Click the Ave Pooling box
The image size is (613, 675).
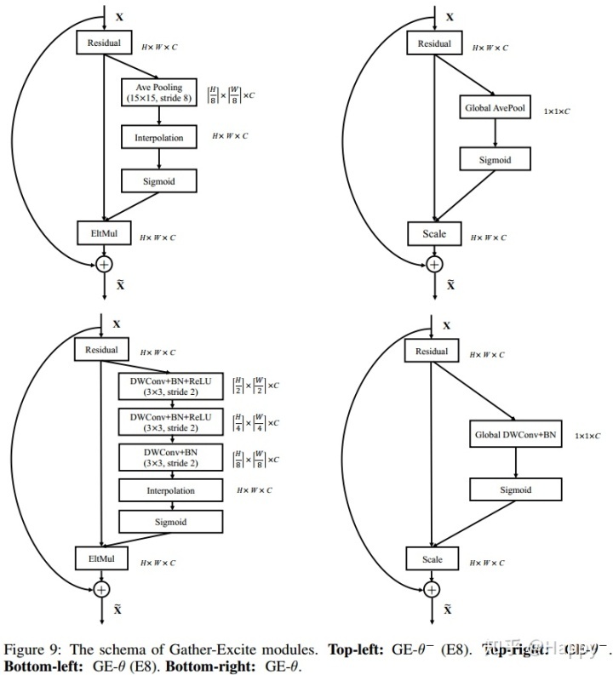tap(159, 93)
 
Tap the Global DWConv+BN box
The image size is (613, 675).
tap(516, 434)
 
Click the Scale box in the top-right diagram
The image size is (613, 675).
tap(433, 233)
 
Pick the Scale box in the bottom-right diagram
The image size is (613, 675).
tap(433, 559)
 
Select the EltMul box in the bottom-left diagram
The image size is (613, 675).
tap(101, 558)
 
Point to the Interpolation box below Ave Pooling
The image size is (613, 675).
tap(159, 137)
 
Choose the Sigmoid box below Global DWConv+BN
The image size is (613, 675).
tap(516, 489)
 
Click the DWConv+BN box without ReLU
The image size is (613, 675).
tap(170, 457)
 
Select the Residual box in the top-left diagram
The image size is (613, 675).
tap(101, 42)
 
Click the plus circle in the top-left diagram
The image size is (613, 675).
tap(103, 265)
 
